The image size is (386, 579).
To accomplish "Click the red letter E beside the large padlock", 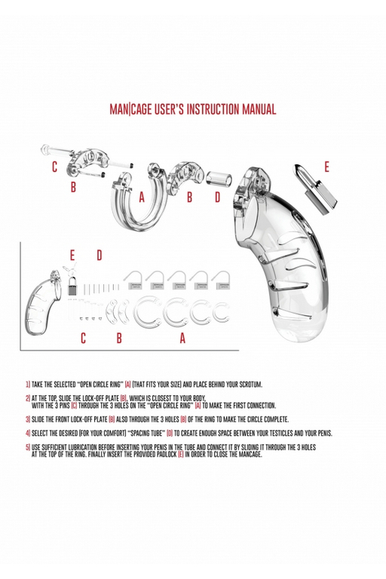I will [326, 167].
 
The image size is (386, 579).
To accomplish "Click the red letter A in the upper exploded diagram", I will [142, 198].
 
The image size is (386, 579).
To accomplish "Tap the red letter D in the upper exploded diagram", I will [218, 198].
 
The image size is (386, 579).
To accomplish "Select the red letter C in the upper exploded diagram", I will [55, 167].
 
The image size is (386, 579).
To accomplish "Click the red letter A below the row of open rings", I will [182, 339].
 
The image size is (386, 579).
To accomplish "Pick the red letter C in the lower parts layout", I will [83, 339].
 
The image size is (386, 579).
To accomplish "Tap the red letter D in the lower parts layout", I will [99, 256].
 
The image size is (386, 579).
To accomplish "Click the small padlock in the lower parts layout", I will [73, 286].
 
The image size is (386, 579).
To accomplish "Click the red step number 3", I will [27, 419].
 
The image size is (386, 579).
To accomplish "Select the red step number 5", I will [27, 447].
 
